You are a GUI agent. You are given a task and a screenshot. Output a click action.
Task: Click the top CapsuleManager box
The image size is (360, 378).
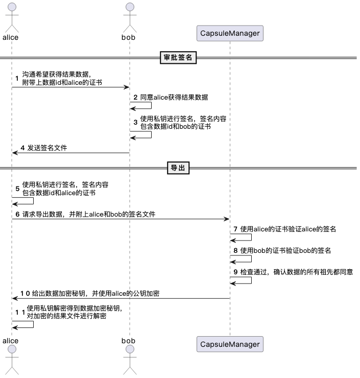229,34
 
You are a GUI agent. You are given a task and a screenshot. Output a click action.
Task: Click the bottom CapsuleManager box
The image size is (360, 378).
229,344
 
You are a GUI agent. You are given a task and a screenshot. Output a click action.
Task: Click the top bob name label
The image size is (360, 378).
129,37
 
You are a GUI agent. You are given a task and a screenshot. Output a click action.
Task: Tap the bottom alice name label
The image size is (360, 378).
11,340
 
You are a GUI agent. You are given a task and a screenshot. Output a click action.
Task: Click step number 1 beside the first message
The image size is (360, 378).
17,79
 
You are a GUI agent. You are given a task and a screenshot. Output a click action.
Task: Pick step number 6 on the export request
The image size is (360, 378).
17,215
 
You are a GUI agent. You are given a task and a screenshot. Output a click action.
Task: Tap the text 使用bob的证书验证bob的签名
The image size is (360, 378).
285,250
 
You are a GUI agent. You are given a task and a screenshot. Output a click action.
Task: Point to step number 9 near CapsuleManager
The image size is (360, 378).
235,272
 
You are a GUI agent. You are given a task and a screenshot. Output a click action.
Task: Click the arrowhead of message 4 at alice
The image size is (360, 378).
15,153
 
